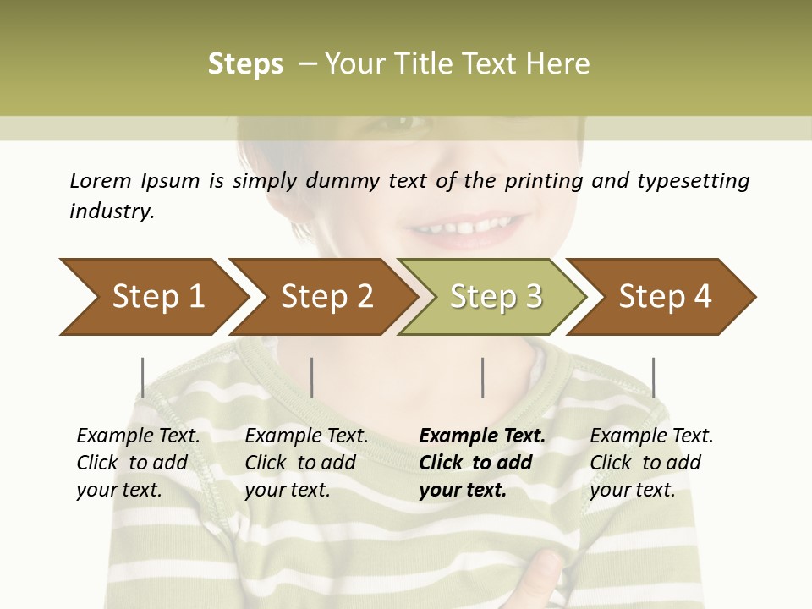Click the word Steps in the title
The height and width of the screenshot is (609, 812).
(x=245, y=64)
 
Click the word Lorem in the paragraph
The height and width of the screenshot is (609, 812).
(x=101, y=180)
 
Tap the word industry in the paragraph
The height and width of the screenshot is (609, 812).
(x=112, y=211)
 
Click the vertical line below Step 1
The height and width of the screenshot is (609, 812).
(x=142, y=377)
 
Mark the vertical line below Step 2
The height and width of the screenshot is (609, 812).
(x=312, y=377)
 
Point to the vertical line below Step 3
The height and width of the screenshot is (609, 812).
(x=482, y=377)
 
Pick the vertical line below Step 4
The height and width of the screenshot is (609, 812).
(x=653, y=377)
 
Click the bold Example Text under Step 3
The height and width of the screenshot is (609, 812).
(x=482, y=436)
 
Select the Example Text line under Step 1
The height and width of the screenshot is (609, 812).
(x=138, y=436)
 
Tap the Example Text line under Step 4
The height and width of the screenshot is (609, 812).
(x=651, y=436)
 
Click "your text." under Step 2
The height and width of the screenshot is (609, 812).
(x=287, y=490)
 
